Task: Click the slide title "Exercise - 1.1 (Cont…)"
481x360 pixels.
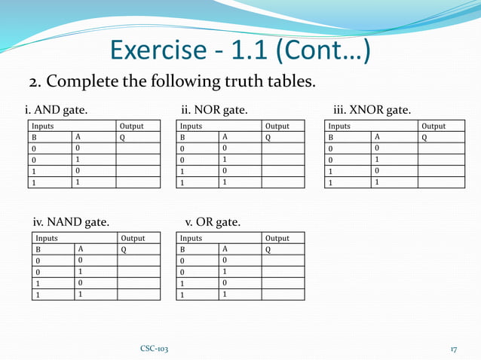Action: coord(240,50)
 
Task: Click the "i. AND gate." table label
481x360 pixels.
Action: coord(56,110)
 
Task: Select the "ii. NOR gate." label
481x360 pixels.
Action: coord(214,110)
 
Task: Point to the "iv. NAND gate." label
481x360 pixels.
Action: coord(71,222)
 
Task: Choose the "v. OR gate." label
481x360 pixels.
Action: coord(213,222)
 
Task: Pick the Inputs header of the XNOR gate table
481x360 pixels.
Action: coord(339,127)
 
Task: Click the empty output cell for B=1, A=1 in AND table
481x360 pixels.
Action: coord(138,182)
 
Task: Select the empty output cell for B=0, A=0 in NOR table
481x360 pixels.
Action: coord(283,149)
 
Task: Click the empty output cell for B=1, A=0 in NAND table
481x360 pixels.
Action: coord(139,283)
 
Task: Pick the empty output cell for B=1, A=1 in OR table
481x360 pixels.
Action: coord(283,294)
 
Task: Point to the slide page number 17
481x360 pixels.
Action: coord(454,349)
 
